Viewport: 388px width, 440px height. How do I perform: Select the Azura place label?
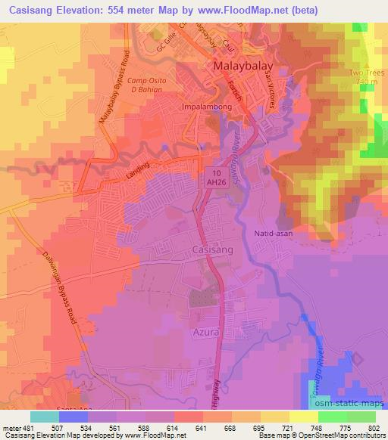coord(202,332)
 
